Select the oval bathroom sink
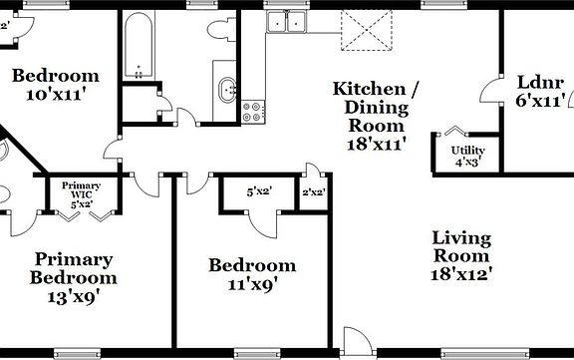point(227,91)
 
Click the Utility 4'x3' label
point(469,156)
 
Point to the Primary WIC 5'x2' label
point(82,194)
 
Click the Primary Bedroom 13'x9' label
point(73,276)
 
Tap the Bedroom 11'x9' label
point(251,274)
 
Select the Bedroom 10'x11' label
point(56,85)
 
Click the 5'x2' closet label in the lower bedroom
point(259,191)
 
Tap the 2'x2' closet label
point(313,192)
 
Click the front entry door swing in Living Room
point(356,339)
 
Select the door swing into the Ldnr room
point(492,92)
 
